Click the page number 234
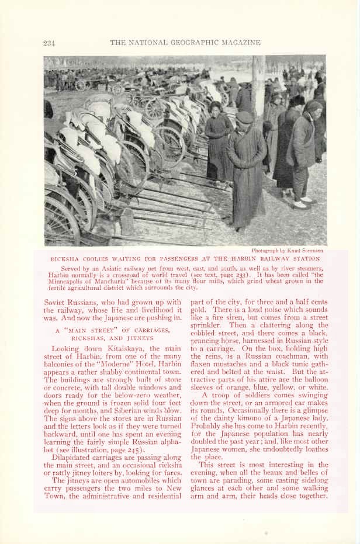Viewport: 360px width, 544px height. (x=49, y=43)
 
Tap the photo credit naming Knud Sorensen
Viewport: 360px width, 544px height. (x=287, y=251)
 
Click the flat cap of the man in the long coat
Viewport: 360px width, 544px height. (x=245, y=116)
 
